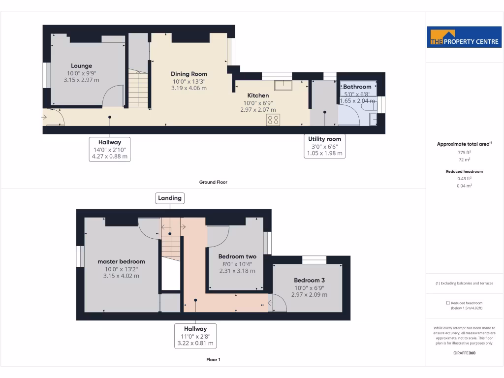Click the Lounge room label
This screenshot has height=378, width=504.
pos(81,66)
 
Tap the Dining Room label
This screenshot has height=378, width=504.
pos(189,74)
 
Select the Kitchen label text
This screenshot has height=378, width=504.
pos(258,95)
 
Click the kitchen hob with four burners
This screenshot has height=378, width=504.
pos(273,120)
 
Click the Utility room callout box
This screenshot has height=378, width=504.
pos(324,146)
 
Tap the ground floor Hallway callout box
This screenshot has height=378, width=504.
pos(110,149)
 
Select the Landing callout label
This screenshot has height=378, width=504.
pos(170,198)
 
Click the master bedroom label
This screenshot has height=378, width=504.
pos(121,261)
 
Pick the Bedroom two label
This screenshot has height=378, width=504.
pos(237,256)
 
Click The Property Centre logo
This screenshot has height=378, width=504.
pos(464,37)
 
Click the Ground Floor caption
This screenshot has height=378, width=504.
pos(213,182)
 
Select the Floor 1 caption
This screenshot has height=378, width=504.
pos(213,360)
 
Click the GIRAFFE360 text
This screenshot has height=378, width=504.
pos(464,353)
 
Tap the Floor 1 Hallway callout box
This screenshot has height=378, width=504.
pos(195,336)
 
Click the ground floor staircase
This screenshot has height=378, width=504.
pos(138,89)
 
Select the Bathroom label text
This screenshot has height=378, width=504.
pos(357,87)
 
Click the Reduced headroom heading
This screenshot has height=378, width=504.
pos(464,172)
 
